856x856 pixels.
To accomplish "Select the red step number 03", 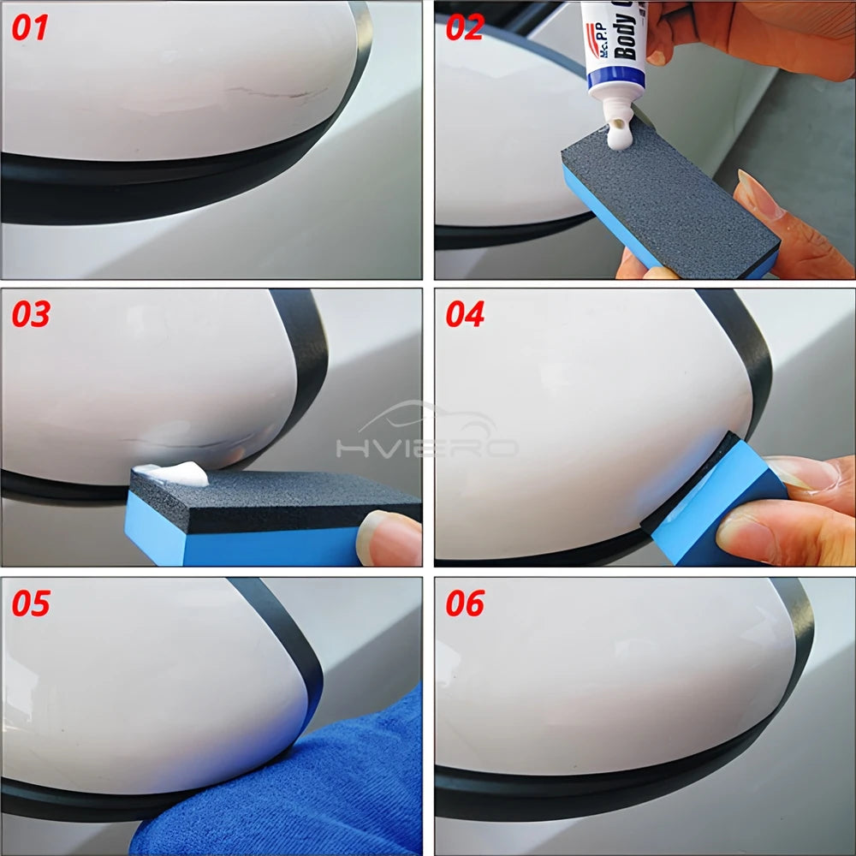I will [x=31, y=314].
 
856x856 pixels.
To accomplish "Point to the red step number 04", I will [x=466, y=314].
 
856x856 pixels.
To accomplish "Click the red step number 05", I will [x=31, y=603].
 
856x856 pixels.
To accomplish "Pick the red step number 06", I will [x=466, y=603].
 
